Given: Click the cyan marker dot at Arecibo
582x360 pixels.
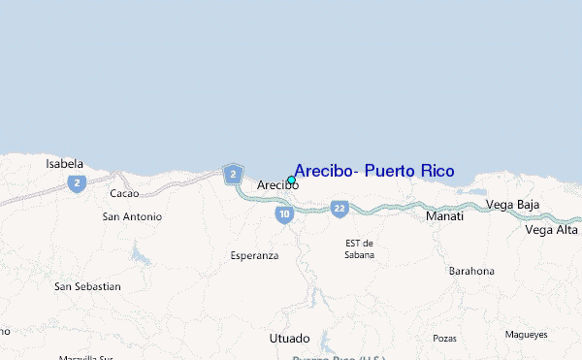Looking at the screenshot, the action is (x=291, y=180).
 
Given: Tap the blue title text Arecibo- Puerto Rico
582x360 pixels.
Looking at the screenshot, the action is (x=373, y=172).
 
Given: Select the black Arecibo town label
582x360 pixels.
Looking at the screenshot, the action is (x=276, y=184).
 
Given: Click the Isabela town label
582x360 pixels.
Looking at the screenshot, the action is (x=65, y=164).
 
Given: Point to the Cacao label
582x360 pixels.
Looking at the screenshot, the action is (x=125, y=194).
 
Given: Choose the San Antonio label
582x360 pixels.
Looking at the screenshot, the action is (x=132, y=216).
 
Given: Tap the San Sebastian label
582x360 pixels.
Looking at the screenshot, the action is (x=87, y=286).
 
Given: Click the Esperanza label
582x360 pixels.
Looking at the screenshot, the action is (x=254, y=255).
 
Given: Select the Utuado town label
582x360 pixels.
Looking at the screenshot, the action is (x=289, y=339).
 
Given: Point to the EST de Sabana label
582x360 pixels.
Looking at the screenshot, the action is (x=359, y=248).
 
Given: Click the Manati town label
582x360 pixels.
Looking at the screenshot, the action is (x=444, y=216).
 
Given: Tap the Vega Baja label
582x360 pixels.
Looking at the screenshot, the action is (x=512, y=205).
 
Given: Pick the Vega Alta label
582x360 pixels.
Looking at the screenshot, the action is (x=551, y=230).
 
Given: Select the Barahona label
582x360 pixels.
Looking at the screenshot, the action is (x=471, y=271).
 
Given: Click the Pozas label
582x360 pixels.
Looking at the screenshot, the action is (x=444, y=339).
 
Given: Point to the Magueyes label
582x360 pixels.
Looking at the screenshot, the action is (x=526, y=334).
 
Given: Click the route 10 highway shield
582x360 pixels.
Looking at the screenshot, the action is (x=283, y=214).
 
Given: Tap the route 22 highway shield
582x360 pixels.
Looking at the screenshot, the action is (x=339, y=208).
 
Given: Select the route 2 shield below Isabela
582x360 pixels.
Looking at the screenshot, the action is (x=76, y=182).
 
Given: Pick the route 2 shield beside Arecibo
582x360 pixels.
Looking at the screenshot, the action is (x=232, y=175).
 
